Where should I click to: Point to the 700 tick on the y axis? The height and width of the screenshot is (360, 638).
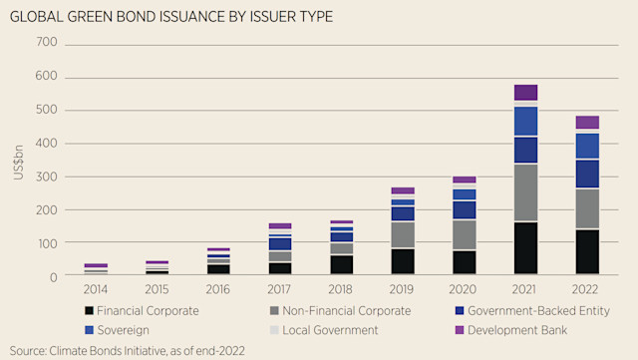[x=47, y=44]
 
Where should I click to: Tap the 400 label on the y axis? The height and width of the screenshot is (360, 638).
[x=47, y=144]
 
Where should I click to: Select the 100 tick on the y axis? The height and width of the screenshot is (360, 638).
[x=47, y=242]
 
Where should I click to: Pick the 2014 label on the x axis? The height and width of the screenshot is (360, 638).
[x=96, y=289]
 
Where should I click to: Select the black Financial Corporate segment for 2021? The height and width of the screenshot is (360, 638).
[x=525, y=248]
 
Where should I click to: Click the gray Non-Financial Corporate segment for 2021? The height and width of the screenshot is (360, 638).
[x=525, y=192]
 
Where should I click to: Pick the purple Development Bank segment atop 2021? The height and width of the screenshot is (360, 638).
[x=525, y=93]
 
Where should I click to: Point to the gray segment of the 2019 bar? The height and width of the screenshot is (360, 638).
[x=402, y=234]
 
